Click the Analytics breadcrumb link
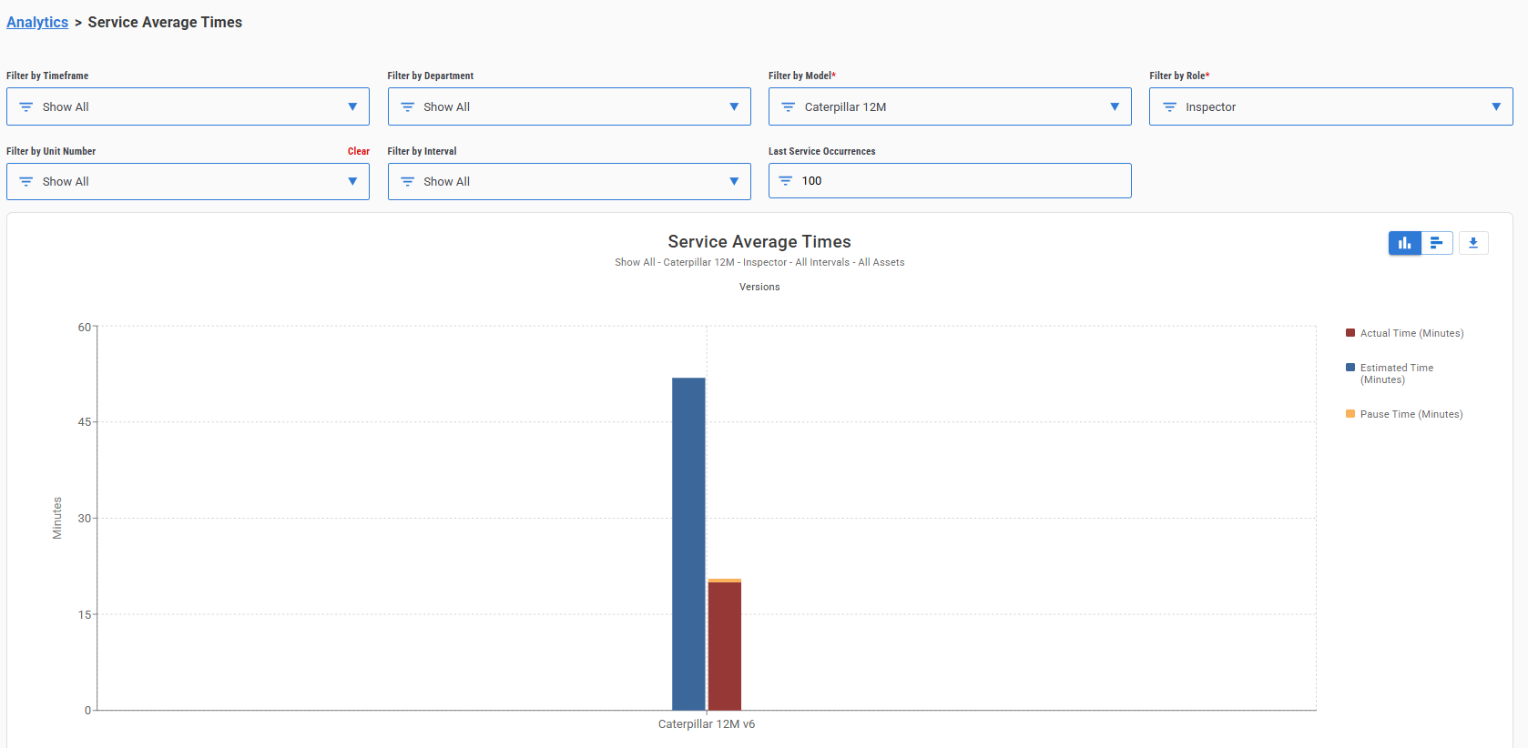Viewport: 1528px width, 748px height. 37,23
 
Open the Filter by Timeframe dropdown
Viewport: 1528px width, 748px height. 188,106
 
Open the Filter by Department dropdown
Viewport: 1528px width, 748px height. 568,106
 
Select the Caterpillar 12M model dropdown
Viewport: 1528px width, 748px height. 949,106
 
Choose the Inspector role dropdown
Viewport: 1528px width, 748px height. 1330,106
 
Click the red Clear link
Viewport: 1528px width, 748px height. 358,152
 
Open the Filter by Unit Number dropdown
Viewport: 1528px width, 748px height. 188,182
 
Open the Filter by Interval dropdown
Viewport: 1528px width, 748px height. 568,182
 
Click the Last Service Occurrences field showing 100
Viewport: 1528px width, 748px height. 949,181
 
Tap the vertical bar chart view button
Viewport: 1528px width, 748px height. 1404,243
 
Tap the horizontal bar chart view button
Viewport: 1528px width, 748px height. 1437,243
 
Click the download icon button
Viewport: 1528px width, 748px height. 1473,243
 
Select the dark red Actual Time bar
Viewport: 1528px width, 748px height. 725,646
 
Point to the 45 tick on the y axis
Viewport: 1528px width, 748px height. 84,422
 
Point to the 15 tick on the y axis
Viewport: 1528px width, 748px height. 84,615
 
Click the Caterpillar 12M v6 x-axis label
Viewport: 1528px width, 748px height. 707,724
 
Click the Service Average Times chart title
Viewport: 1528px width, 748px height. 759,242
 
